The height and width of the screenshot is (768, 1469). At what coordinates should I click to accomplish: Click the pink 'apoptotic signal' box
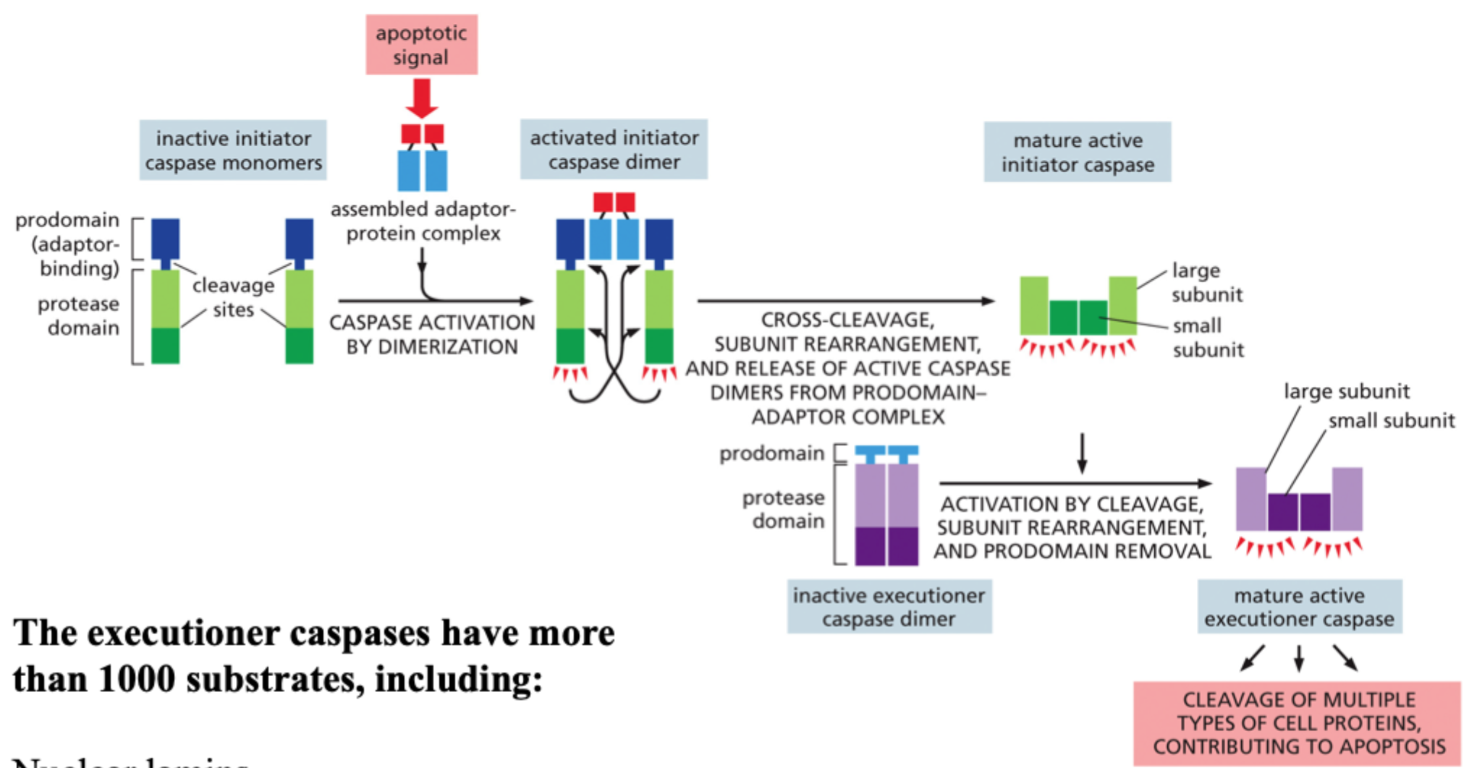421,45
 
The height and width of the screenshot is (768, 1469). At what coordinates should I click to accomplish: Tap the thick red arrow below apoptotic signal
421,98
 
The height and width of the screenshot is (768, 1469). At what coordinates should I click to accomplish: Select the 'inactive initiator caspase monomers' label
233,150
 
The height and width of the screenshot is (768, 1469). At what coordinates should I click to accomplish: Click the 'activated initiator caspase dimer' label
614,150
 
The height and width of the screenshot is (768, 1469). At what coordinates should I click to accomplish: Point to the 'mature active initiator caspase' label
1077,152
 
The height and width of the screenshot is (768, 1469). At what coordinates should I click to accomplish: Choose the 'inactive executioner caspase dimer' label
889,607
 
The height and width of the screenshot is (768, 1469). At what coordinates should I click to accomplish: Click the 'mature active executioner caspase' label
1299,607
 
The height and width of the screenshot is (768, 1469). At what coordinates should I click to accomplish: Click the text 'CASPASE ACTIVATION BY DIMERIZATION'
432,334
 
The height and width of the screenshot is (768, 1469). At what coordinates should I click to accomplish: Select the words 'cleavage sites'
233,297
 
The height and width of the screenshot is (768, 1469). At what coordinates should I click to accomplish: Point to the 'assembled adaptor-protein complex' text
423,221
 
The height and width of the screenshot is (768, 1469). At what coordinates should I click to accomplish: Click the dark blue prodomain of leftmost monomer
165,239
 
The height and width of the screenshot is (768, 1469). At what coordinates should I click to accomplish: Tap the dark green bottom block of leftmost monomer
165,346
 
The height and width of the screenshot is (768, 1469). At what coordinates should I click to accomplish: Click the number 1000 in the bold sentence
136,679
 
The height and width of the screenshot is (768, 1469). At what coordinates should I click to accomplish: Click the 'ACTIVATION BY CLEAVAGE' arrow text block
1072,527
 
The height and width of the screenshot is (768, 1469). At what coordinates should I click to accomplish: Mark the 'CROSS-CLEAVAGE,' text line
847,320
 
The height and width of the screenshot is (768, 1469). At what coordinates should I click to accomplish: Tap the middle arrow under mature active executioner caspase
1299,657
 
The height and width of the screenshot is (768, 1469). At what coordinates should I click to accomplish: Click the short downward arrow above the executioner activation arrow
1082,453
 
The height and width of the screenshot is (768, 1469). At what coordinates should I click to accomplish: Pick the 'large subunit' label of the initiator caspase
1206,282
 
